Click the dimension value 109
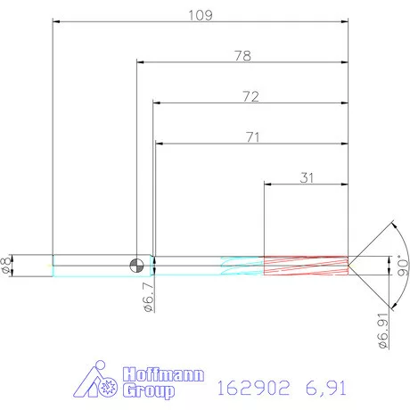pos(200,15)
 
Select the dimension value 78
pos(242,55)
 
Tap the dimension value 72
pos(250,96)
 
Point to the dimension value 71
pos(250,136)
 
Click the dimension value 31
pos(307,177)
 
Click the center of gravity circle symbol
pos(136,264)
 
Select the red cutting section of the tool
pos(305,265)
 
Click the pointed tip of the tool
pos(349,265)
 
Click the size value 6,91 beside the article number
pos(320,387)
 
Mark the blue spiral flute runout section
pos(241,265)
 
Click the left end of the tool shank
pos(53,265)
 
